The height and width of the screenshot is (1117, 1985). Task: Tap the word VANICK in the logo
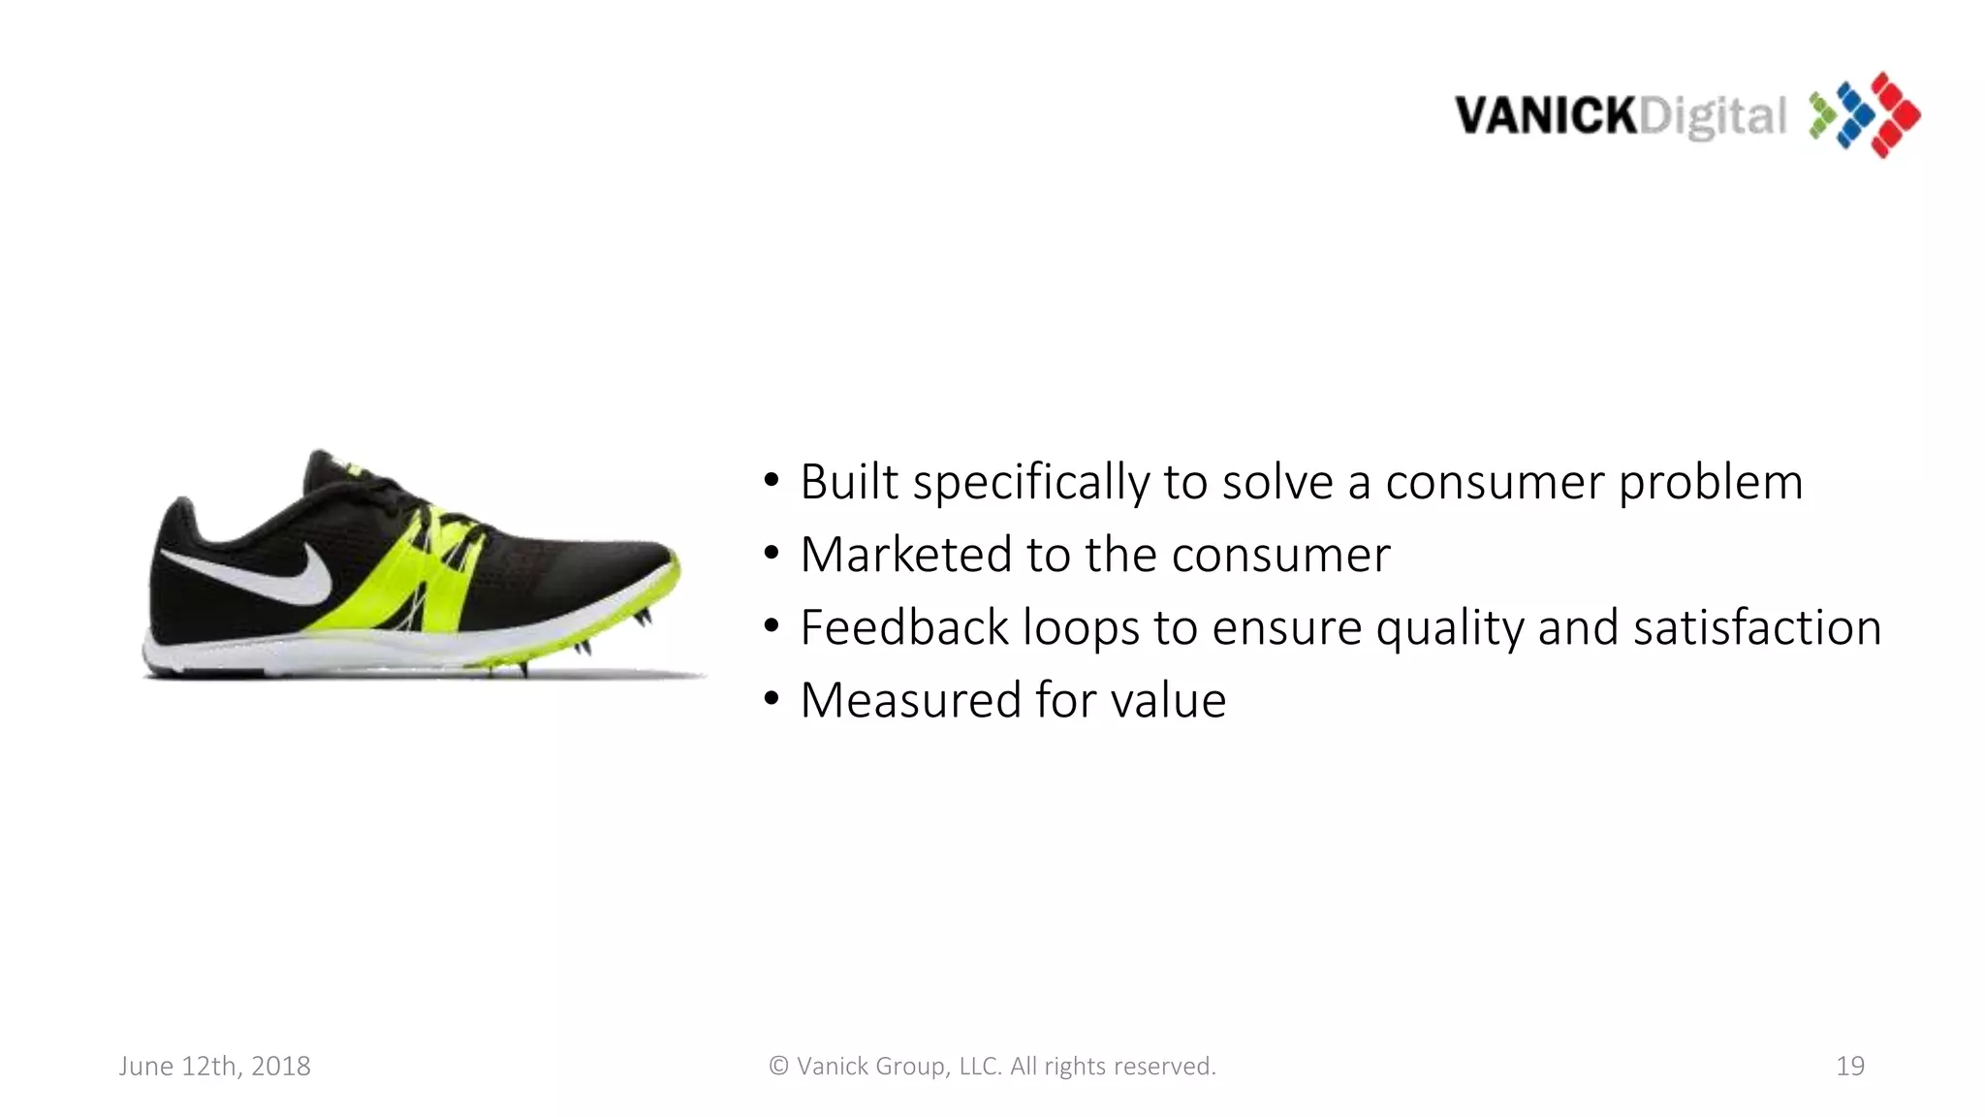click(x=1545, y=116)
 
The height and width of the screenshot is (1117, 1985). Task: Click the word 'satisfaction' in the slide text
click(x=1756, y=627)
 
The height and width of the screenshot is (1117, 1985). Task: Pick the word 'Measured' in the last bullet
click(x=910, y=700)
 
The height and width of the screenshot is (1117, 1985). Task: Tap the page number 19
click(x=1849, y=1067)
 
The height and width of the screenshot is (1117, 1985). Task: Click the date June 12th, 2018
click(x=214, y=1067)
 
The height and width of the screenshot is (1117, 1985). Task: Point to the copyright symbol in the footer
click(x=778, y=1067)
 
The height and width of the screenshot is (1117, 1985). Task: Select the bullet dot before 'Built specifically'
click(x=771, y=480)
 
